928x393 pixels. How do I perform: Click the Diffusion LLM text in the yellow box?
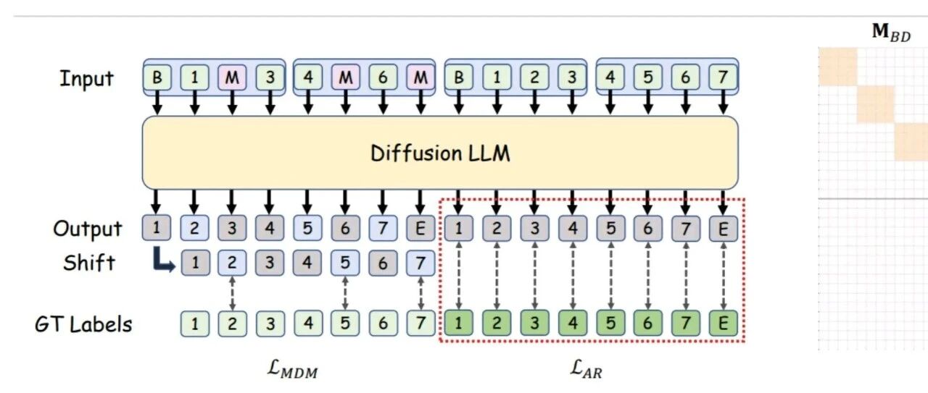(440, 153)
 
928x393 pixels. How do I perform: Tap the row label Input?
(86, 78)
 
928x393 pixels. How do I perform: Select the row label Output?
(88, 229)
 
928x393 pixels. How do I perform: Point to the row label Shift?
(88, 262)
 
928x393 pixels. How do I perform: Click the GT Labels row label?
(83, 324)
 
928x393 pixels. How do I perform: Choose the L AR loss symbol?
(587, 372)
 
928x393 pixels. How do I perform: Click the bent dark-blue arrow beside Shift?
(165, 261)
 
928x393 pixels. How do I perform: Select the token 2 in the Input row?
(534, 77)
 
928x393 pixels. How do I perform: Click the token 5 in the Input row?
(647, 77)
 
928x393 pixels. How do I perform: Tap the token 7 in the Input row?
(723, 77)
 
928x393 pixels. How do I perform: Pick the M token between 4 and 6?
(345, 77)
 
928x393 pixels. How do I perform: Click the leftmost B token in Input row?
(157, 77)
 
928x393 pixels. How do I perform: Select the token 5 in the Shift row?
(345, 263)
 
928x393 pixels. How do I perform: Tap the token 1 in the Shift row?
(194, 263)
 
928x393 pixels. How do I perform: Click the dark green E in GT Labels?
(723, 324)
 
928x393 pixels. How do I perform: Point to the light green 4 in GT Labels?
(307, 324)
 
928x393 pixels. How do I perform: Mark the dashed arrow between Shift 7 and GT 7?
(420, 293)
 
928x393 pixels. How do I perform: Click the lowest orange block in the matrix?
(911, 142)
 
